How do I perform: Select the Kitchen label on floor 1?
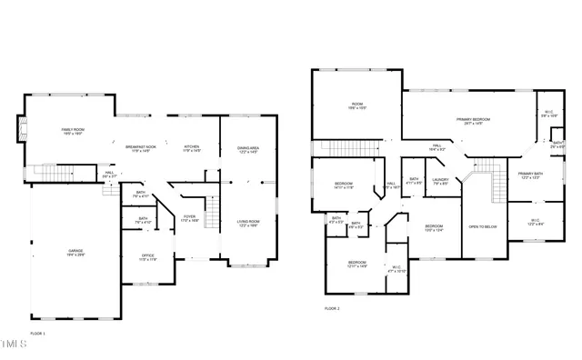point(192,148)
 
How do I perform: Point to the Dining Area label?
point(247,149)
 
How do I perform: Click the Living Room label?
point(248,223)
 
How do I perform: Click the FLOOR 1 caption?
point(38,334)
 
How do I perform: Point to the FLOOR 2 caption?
point(332,309)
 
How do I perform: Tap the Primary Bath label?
point(529,175)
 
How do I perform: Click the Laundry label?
point(441,182)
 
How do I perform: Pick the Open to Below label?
point(482,226)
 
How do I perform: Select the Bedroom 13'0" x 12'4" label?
point(434,228)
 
